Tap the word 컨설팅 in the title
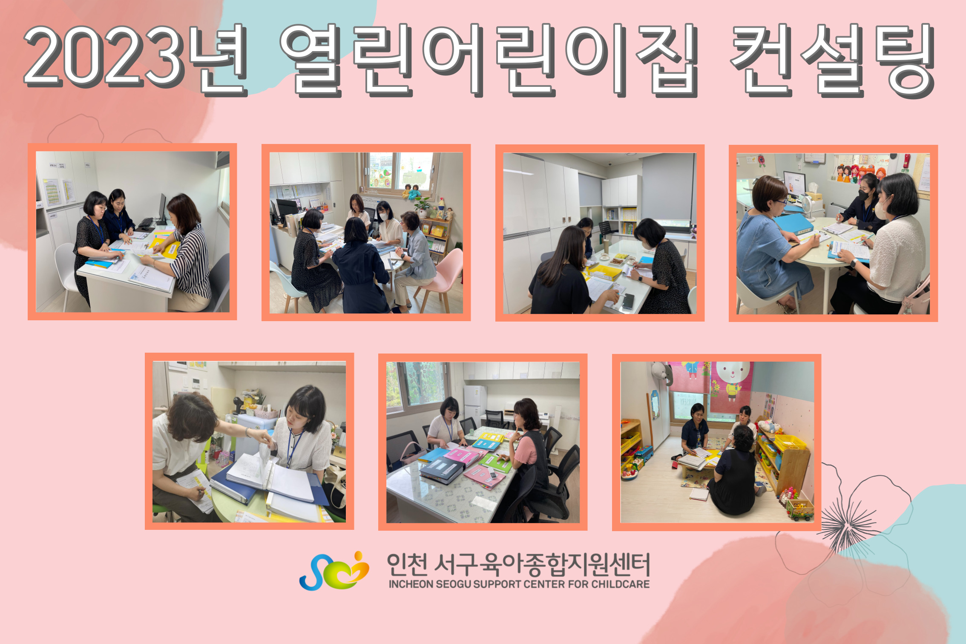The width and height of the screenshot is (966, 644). click(833, 60)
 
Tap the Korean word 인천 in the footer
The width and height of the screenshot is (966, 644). click(407, 564)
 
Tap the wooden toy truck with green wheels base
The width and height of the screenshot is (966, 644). click(800, 509)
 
